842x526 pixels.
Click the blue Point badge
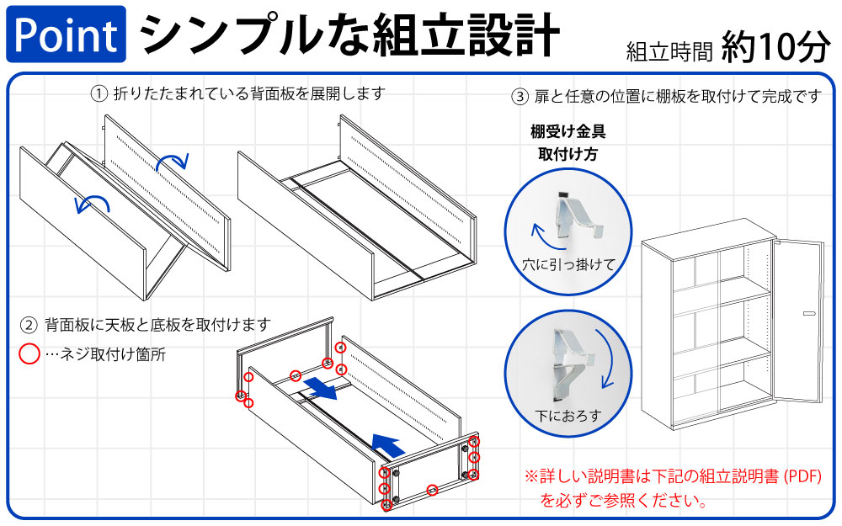[x=66, y=35]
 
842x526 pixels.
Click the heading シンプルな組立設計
[x=349, y=35]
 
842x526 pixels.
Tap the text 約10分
[x=775, y=50]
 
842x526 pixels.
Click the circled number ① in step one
[x=99, y=93]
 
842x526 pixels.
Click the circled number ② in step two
[x=29, y=324]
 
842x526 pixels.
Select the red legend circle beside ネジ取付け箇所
[x=29, y=354]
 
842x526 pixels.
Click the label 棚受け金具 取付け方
[x=568, y=142]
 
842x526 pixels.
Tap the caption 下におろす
[x=568, y=416]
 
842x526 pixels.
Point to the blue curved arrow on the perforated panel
[x=175, y=157]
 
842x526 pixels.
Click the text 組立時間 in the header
[x=669, y=53]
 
